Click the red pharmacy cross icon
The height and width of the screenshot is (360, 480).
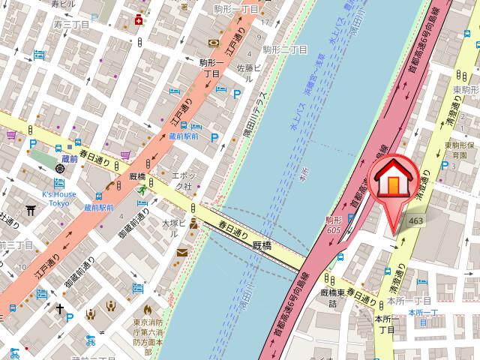coord(138,20)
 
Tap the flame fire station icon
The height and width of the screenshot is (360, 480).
coord(147,308)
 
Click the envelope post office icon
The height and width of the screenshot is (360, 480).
coord(182,253)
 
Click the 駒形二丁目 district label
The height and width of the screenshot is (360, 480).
coord(285,49)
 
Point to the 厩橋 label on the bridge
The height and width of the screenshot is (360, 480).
coord(261,244)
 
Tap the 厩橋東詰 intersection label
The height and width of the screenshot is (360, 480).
coord(330,297)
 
